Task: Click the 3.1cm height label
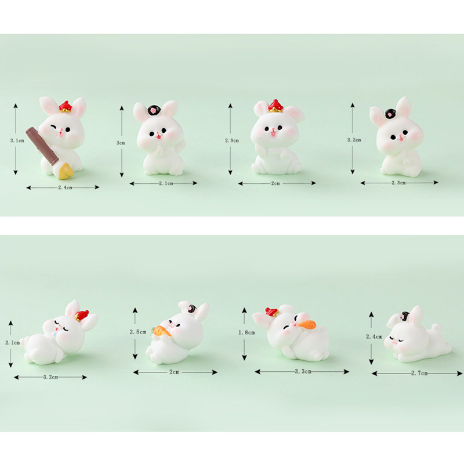tap(17, 140)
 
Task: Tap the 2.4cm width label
tap(65, 187)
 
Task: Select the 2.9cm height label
tap(231, 140)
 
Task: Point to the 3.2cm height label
tap(354, 140)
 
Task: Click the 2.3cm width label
tap(398, 183)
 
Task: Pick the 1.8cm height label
tap(246, 332)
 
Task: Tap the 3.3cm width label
tap(303, 371)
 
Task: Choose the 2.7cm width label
tap(419, 373)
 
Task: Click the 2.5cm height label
tap(138, 332)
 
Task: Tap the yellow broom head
tap(65, 172)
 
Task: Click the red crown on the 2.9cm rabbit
tap(276, 106)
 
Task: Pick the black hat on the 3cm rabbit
tap(154, 110)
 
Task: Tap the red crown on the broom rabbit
tap(66, 107)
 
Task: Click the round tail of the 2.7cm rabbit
tap(436, 328)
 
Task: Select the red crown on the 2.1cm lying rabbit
tap(82, 315)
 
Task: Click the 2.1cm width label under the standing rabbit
tap(166, 183)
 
